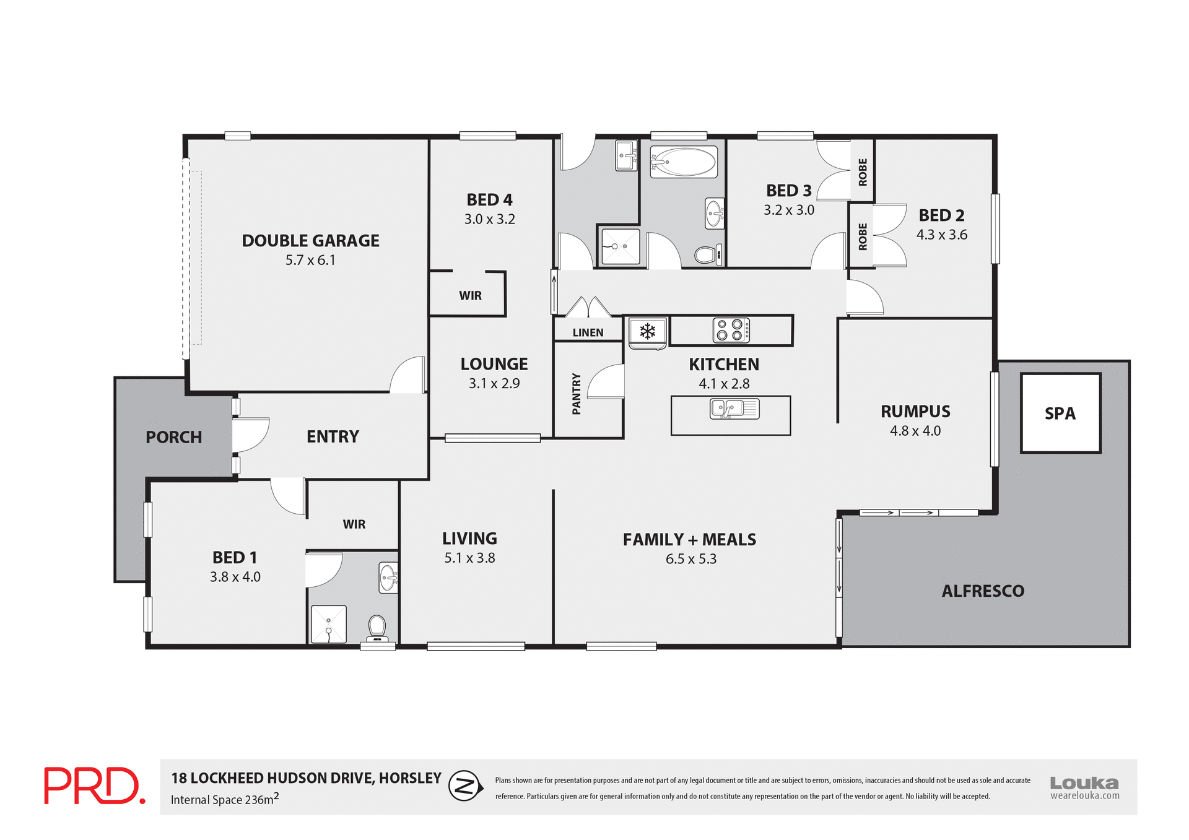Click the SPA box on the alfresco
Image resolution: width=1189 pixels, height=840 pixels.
[1060, 413]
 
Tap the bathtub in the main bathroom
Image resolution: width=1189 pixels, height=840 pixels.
[684, 162]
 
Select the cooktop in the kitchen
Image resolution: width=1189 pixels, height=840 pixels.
[731, 330]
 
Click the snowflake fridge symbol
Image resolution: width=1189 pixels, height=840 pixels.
[647, 331]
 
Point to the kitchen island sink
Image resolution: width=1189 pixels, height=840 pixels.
[734, 409]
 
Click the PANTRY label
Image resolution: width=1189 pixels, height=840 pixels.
[577, 394]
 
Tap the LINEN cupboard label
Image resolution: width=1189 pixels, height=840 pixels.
[588, 333]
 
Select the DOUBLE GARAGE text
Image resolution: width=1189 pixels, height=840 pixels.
[310, 241]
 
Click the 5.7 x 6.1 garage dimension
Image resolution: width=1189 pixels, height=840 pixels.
[310, 261]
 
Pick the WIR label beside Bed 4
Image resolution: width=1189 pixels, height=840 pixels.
[470, 296]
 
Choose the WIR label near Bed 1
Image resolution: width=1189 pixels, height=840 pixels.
[354, 524]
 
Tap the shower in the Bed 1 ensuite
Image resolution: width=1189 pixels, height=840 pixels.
[328, 624]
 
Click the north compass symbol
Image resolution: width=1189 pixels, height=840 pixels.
[465, 786]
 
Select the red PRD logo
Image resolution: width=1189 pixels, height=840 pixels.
[94, 786]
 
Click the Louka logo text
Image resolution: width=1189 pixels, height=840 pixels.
[1084, 783]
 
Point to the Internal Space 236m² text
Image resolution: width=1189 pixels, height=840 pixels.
[224, 799]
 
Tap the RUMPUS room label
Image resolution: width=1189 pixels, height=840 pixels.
[915, 412]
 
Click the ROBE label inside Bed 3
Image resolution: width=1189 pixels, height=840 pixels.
[863, 171]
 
